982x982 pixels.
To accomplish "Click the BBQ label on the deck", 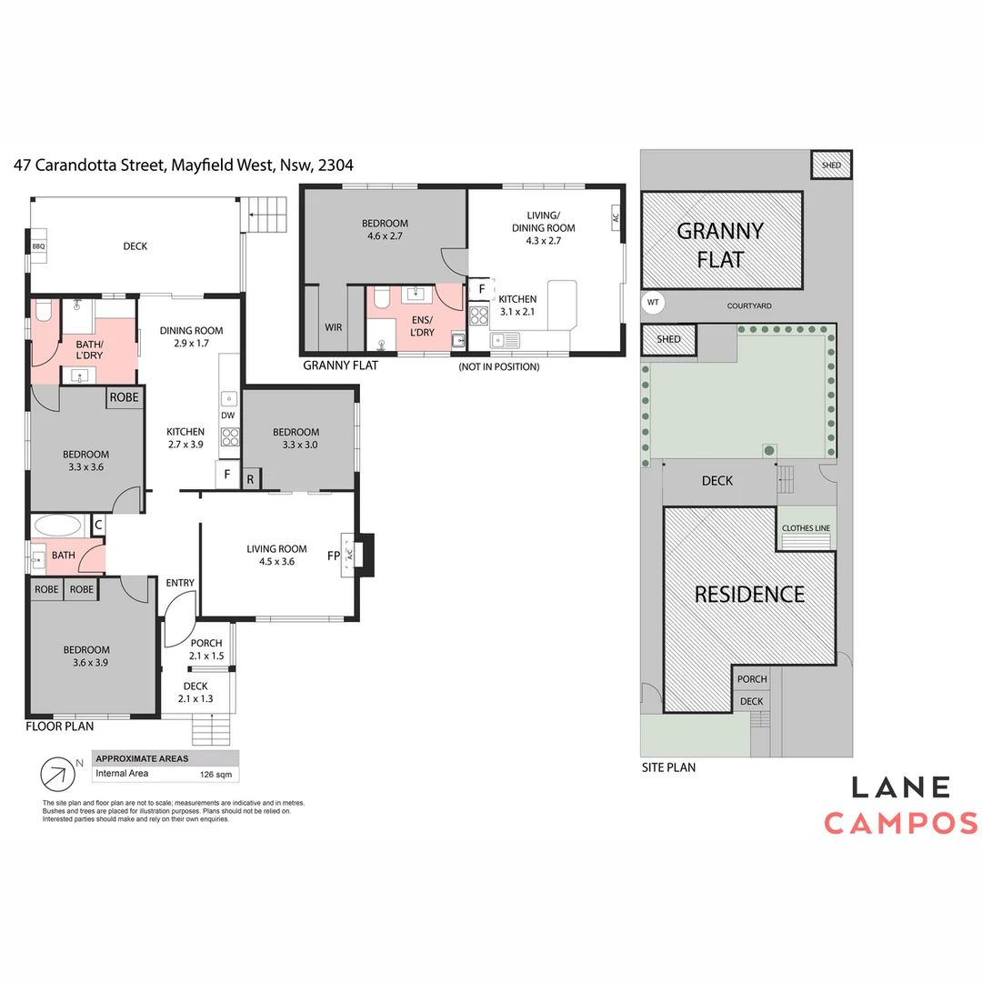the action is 39,246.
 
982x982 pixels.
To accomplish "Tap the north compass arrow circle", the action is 57,774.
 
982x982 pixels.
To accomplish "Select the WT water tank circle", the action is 653,303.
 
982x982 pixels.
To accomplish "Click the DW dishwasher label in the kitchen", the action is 228,416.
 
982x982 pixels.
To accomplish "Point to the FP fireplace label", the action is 334,556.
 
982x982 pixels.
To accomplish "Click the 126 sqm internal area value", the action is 215,775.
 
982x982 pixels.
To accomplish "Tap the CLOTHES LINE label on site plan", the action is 806,528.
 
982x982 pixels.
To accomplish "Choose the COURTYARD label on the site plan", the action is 749,306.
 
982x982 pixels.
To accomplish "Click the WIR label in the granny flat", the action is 333,327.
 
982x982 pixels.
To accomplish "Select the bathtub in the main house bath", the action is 58,525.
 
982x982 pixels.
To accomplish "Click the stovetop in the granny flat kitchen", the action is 479,315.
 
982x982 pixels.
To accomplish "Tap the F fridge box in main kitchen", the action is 227,474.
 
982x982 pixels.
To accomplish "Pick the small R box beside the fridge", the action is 251,479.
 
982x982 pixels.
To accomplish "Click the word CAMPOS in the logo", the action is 900,823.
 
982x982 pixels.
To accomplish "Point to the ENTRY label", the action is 180,583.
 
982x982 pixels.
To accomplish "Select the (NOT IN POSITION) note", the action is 499,366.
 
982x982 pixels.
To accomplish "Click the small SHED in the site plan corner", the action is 831,165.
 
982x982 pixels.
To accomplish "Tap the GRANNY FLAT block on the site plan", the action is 721,240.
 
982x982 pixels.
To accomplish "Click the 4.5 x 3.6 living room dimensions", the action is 276,562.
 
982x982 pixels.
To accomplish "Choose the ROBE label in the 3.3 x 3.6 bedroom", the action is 124,397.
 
